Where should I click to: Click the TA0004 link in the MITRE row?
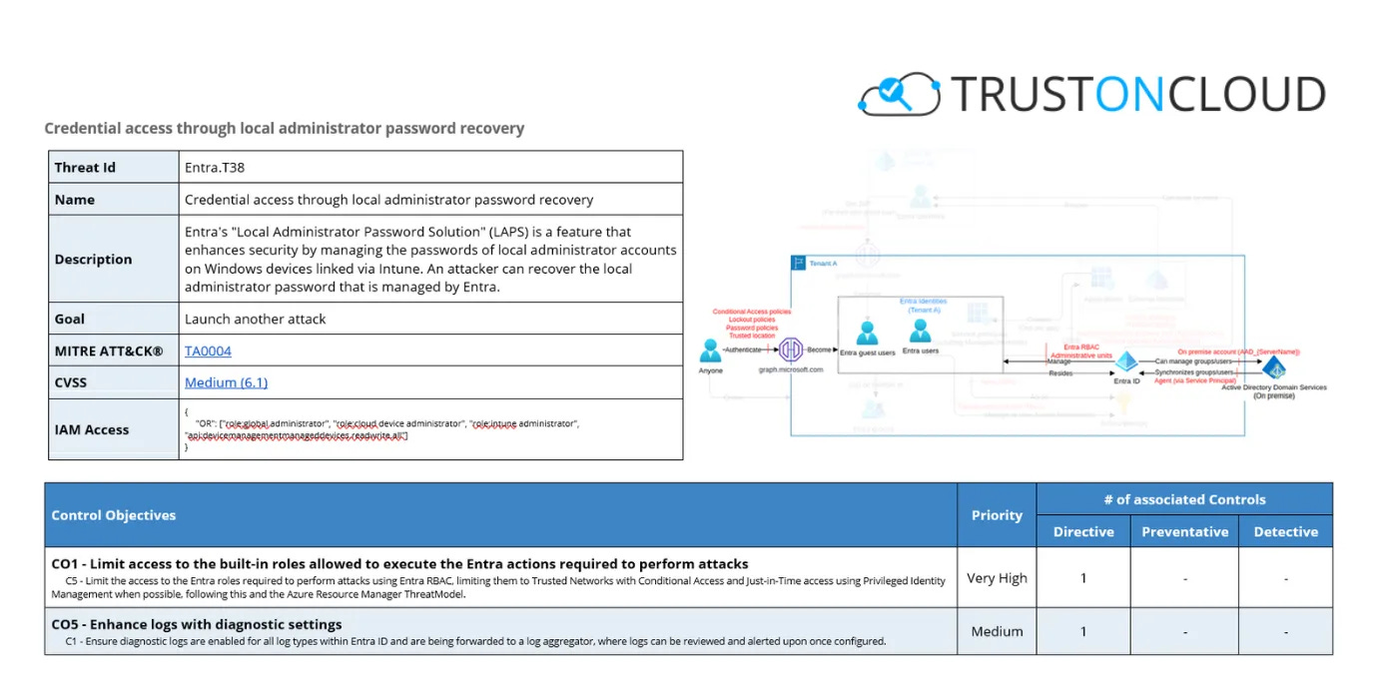[x=208, y=351]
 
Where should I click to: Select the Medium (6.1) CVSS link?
[x=226, y=382]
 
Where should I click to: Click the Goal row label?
[x=70, y=320]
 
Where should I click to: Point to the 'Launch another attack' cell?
[x=255, y=320]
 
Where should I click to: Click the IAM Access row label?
[x=92, y=430]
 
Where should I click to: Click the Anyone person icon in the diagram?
[x=710, y=350]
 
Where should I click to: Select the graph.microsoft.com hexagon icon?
[x=791, y=349]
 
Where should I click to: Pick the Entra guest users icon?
[x=867, y=334]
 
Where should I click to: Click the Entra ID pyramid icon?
[x=1126, y=361]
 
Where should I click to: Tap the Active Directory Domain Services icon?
[x=1273, y=367]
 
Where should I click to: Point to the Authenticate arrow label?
[x=743, y=349]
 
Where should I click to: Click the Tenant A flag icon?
[x=798, y=264]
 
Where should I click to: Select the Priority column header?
[x=997, y=515]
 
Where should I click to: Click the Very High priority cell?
[x=997, y=578]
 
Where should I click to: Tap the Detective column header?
[x=1285, y=532]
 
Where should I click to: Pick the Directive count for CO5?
[x=1083, y=632]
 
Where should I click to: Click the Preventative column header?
[x=1185, y=532]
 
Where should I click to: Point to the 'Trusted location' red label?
[x=752, y=336]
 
